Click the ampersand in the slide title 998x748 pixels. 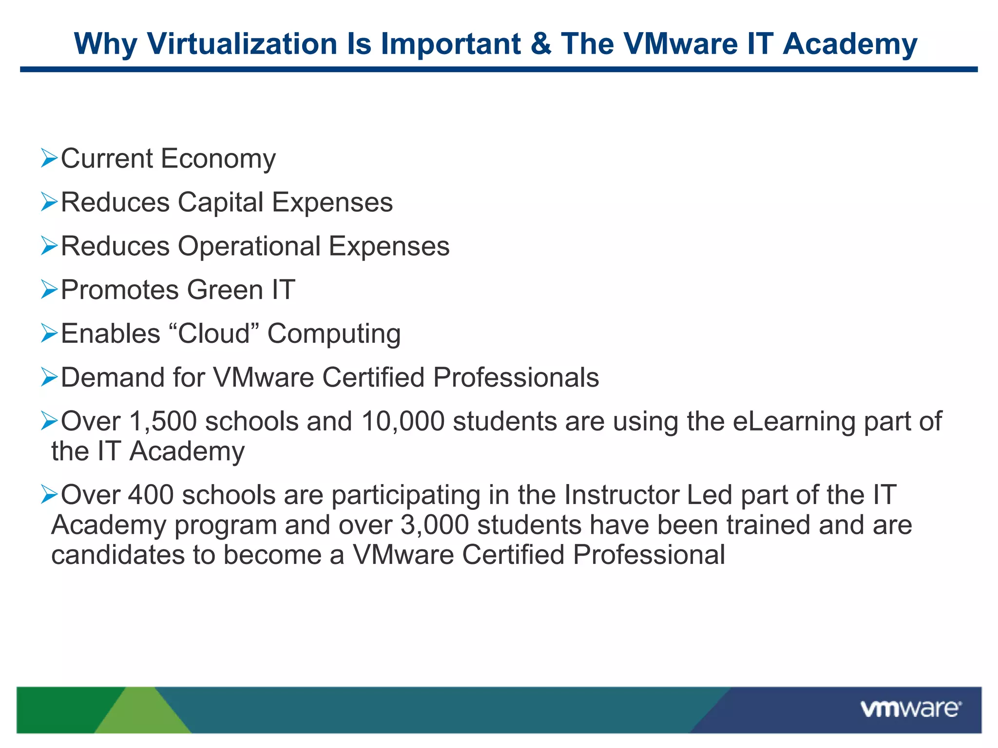(x=540, y=44)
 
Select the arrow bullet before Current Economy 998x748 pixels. (x=49, y=158)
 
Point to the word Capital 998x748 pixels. (x=220, y=203)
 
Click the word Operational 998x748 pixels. (x=249, y=246)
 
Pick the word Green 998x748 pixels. (x=225, y=290)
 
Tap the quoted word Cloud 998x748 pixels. (x=213, y=334)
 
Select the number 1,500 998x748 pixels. (x=163, y=421)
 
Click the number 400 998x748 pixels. (x=151, y=495)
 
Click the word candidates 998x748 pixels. (x=117, y=555)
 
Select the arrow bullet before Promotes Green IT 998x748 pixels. (x=49, y=290)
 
